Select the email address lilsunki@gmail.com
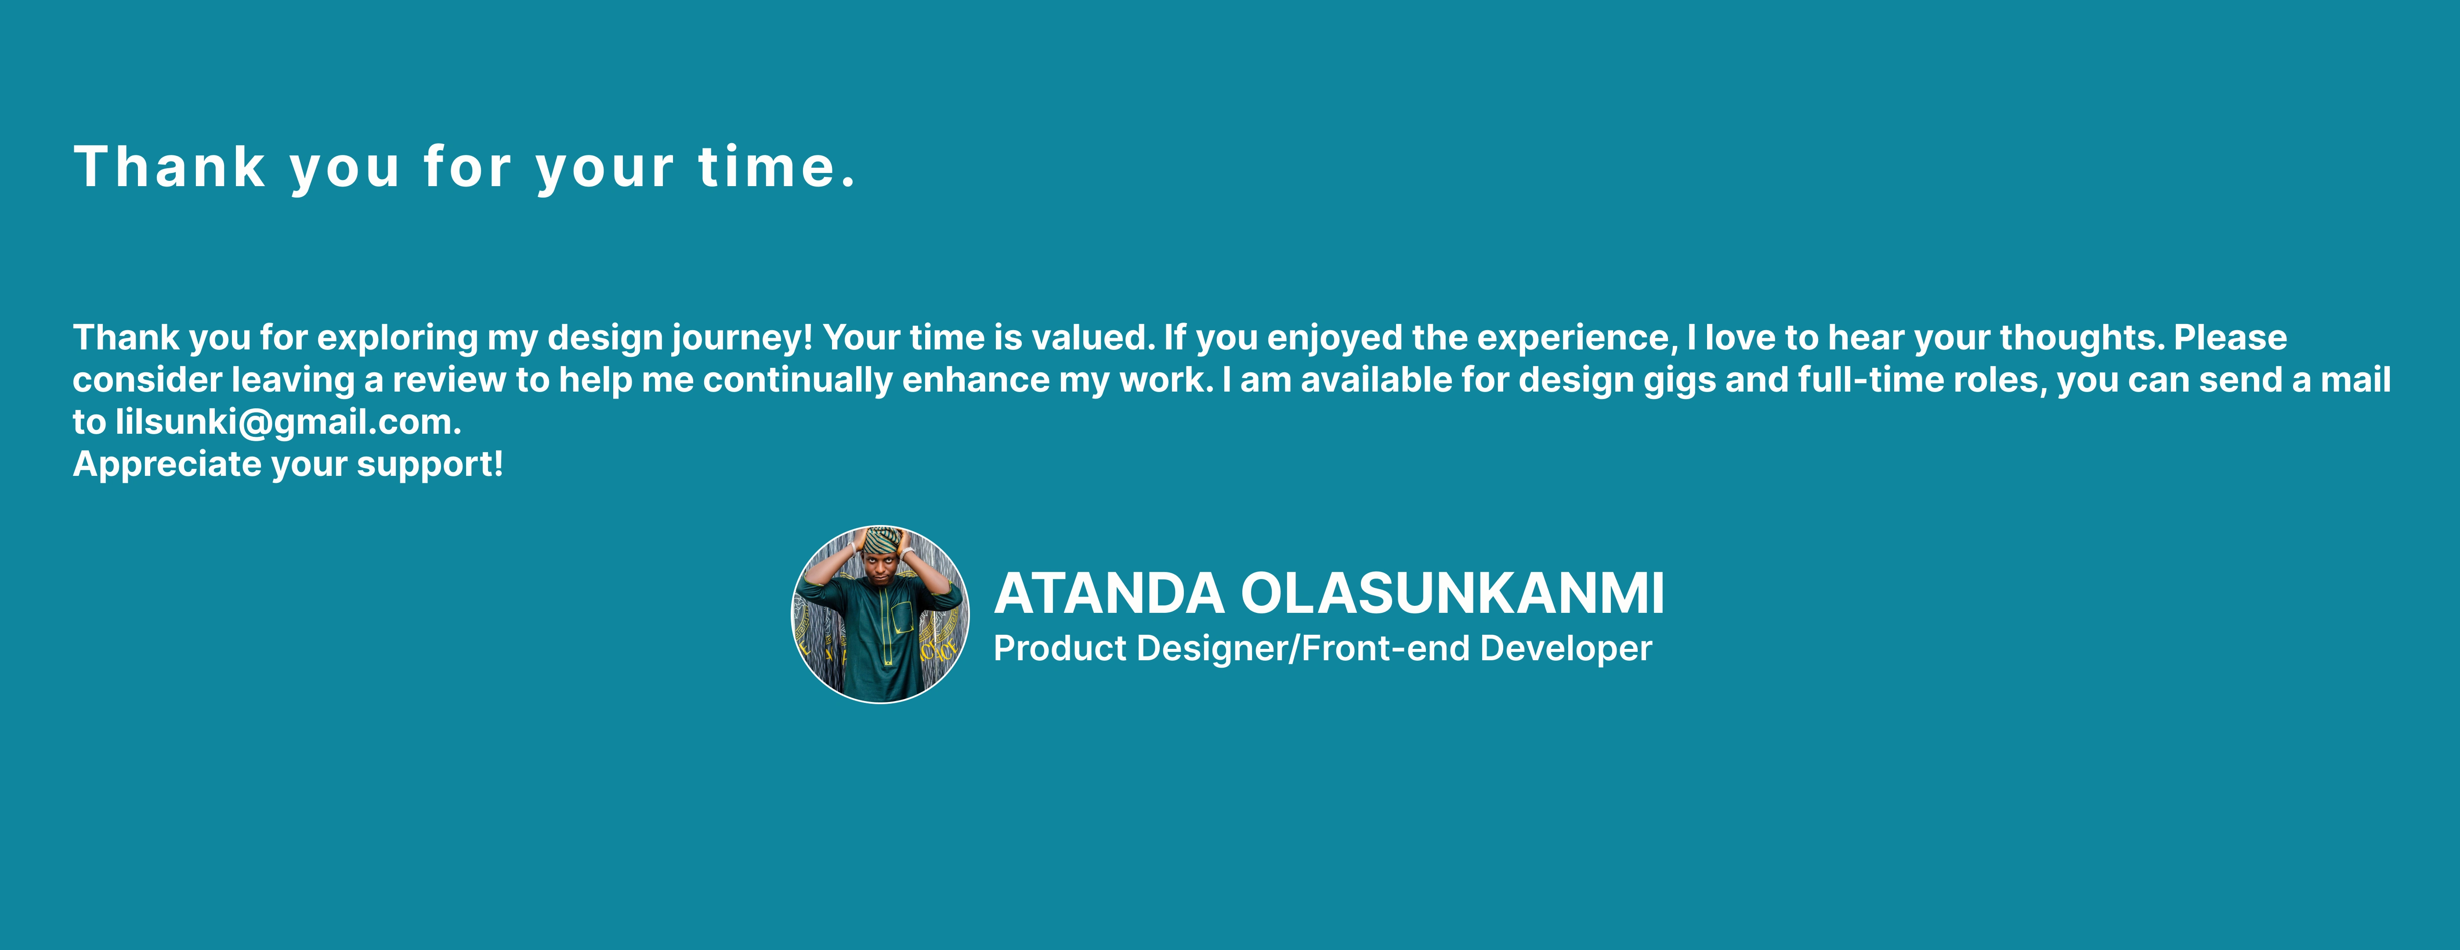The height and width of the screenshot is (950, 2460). (289, 422)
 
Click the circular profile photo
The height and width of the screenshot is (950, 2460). (880, 614)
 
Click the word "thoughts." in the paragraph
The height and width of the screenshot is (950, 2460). (2082, 338)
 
